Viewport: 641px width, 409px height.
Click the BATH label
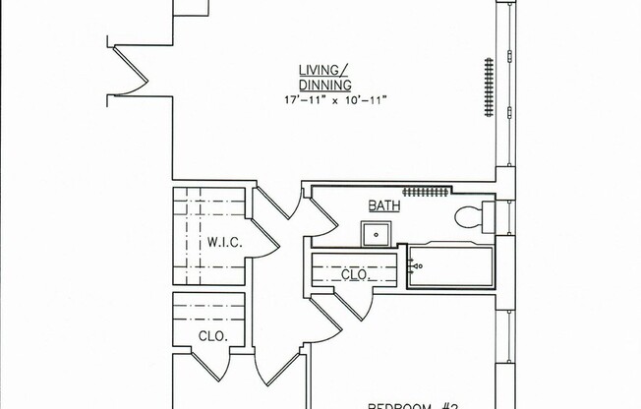[x=382, y=205]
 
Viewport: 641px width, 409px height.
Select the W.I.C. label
[x=219, y=242]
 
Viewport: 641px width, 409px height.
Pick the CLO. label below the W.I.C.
[x=212, y=335]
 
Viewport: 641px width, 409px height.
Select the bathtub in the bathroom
[x=450, y=267]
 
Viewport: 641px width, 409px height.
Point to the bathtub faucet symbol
[x=416, y=265]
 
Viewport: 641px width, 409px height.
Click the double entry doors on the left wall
[x=127, y=71]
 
